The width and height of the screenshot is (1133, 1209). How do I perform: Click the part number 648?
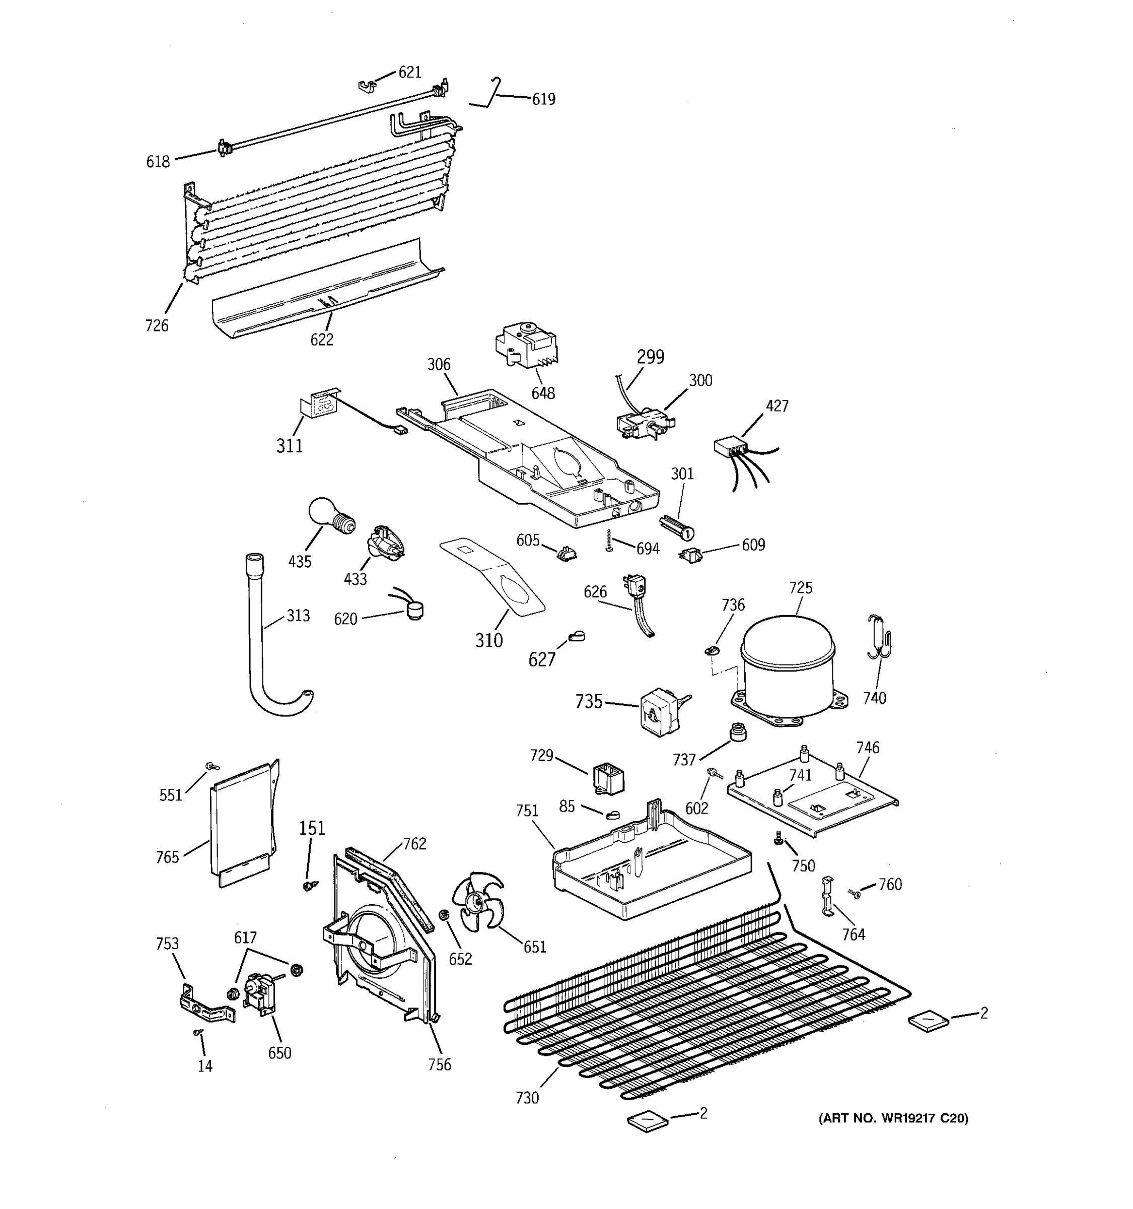pyautogui.click(x=543, y=393)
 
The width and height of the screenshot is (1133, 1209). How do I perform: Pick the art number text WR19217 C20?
pyautogui.click(x=893, y=1118)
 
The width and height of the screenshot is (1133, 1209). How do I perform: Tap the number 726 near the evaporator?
pyautogui.click(x=156, y=326)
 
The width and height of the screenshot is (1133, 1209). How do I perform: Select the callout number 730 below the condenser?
pyautogui.click(x=527, y=1098)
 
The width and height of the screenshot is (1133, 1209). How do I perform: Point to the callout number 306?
pyautogui.click(x=438, y=364)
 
